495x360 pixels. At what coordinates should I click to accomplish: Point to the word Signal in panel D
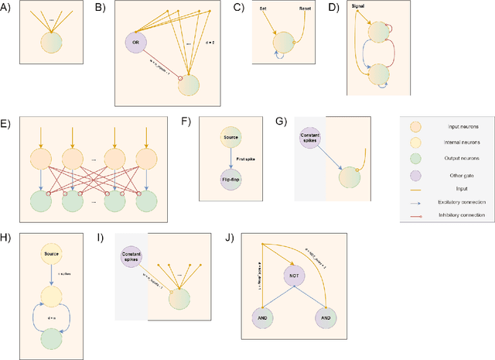point(359,7)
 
